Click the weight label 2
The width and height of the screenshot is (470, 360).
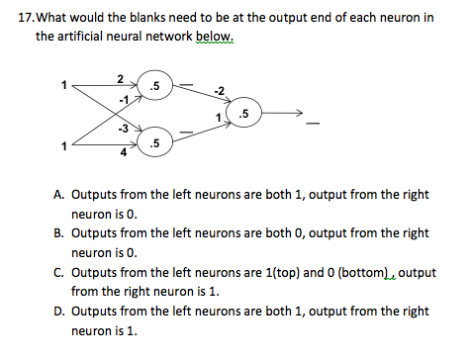click(120, 78)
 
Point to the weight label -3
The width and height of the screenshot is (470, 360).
click(124, 130)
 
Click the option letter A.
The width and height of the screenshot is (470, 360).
click(59, 195)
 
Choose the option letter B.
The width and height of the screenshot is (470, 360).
click(59, 232)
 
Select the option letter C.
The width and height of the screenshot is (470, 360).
click(59, 270)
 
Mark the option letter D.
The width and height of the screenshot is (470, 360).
click(59, 312)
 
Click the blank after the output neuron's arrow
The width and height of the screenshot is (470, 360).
click(314, 125)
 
